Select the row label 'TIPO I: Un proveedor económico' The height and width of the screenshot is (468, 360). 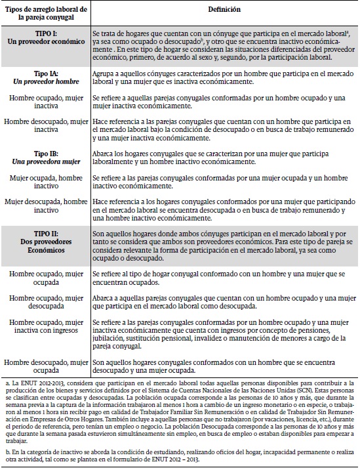[x=45, y=36]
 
